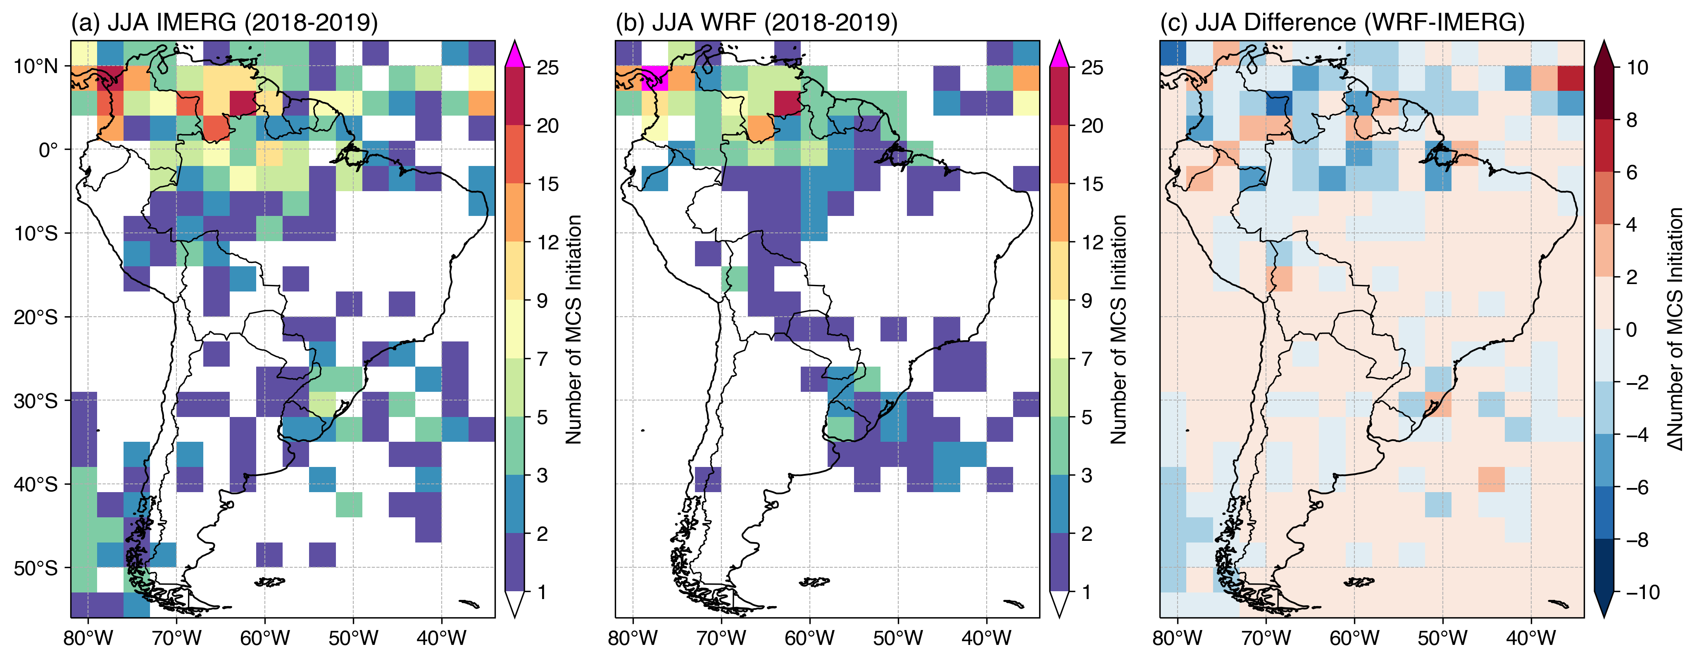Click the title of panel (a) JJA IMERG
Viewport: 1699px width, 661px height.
(x=224, y=22)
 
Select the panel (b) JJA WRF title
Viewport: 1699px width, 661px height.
(x=757, y=22)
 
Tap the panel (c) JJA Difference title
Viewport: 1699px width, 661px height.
(x=1342, y=22)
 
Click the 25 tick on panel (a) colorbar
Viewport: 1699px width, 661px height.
(x=547, y=68)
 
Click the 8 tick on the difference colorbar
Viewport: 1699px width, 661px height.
(x=1632, y=120)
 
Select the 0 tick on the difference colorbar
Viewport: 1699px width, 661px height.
(x=1632, y=329)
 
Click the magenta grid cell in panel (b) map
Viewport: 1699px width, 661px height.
(x=655, y=78)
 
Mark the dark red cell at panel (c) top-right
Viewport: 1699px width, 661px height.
(x=1571, y=78)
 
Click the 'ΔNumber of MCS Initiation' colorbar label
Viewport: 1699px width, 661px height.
(x=1676, y=329)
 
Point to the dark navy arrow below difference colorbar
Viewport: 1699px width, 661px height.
(x=1604, y=604)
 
